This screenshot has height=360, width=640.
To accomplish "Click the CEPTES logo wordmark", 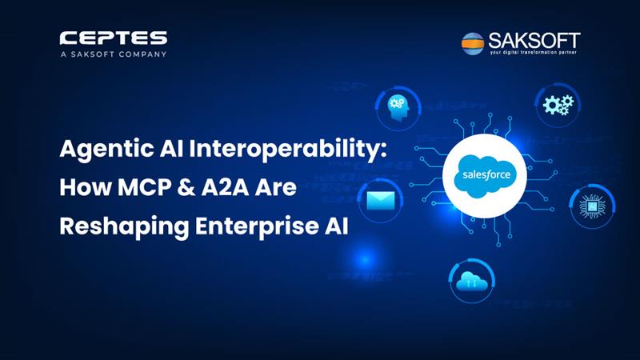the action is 114,38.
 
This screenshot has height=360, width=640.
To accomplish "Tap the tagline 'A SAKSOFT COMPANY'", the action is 114,54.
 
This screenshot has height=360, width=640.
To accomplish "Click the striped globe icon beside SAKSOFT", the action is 473,43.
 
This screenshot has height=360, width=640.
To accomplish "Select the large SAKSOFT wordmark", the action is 534,41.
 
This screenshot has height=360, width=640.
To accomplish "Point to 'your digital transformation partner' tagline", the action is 534,53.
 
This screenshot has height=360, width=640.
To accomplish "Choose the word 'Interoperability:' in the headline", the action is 287,150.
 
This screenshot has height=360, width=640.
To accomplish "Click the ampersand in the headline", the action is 186,187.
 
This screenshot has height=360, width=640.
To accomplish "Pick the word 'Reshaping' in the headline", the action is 124,227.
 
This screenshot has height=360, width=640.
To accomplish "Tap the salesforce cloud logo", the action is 485,176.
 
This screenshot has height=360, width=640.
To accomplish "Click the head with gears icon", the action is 398,107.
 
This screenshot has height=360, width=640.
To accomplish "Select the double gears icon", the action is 558,105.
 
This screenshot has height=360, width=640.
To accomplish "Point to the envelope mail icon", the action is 381,201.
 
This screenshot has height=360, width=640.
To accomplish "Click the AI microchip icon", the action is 592,206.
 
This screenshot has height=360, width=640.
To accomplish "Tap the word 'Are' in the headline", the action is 276,187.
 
